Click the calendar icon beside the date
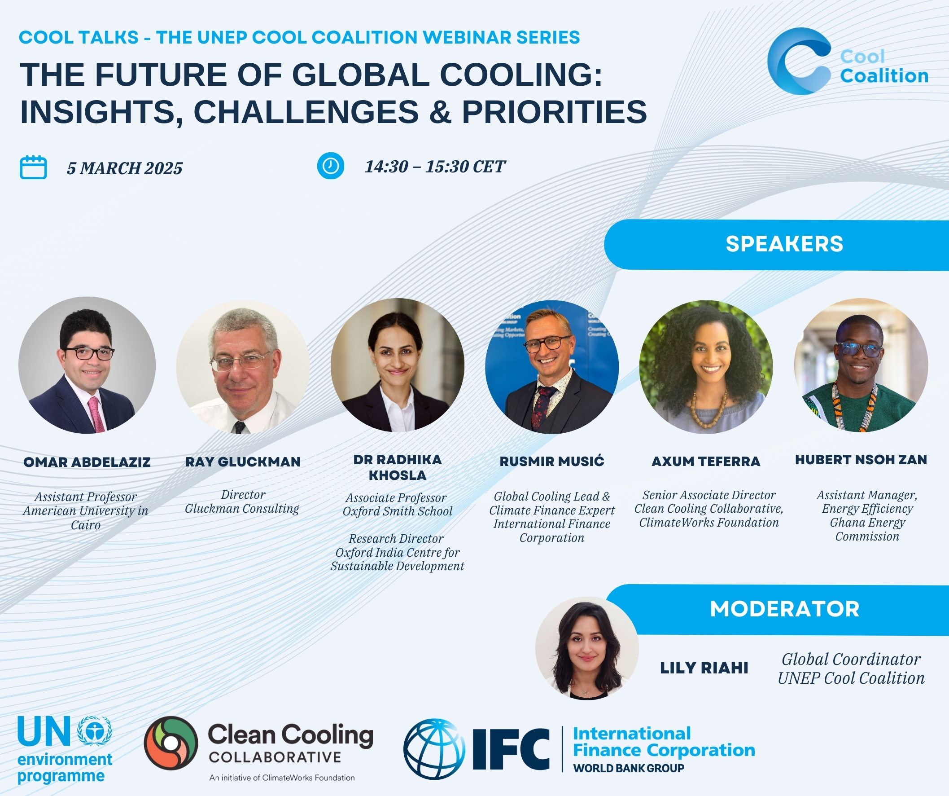tap(33, 167)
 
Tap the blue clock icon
tap(330, 166)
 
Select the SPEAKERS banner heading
tap(784, 244)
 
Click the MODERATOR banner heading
tap(784, 609)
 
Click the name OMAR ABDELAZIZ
tap(87, 462)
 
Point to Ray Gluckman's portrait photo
tap(243, 367)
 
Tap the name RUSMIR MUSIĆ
tap(552, 462)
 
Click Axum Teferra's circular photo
tap(706, 367)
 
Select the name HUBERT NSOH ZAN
tap(861, 460)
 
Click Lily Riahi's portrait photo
tap(586, 648)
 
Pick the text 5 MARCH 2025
tap(125, 168)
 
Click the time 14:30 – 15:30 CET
tap(435, 167)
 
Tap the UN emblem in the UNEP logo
tap(94, 730)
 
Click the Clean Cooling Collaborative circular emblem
tap(171, 743)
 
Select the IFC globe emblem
tap(434, 749)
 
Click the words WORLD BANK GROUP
tap(629, 768)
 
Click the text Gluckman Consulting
tap(242, 509)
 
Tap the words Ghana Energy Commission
tap(867, 530)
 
